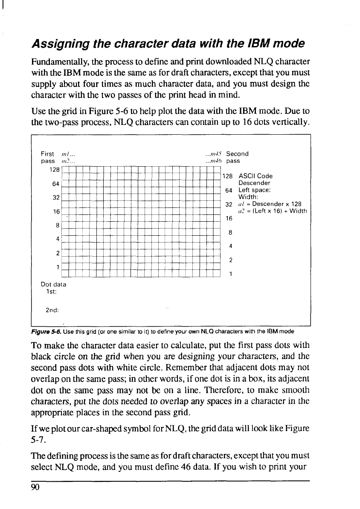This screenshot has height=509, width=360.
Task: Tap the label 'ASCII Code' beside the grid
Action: pyautogui.click(x=255, y=176)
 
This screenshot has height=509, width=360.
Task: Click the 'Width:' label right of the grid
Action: pyautogui.click(x=248, y=197)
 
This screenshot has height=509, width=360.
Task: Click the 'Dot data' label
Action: pyautogui.click(x=53, y=284)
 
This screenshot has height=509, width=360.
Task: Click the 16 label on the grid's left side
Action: pyautogui.click(x=56, y=211)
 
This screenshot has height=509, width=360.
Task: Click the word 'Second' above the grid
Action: pyautogui.click(x=237, y=154)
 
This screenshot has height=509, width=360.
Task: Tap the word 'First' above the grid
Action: pyautogui.click(x=47, y=154)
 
